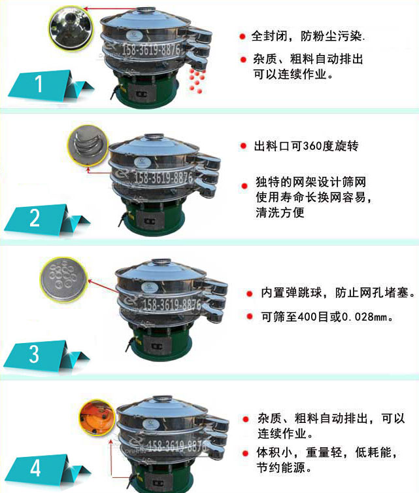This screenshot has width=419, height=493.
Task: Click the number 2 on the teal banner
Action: (x=35, y=217)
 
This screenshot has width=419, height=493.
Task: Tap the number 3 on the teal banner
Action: (x=34, y=354)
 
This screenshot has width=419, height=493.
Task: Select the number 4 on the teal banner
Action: (x=35, y=467)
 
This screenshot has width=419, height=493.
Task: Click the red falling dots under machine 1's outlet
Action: (x=196, y=77)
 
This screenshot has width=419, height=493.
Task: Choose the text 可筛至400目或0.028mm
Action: (x=327, y=317)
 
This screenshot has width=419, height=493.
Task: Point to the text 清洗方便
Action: (x=280, y=213)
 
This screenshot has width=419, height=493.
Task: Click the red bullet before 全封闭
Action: (x=242, y=35)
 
